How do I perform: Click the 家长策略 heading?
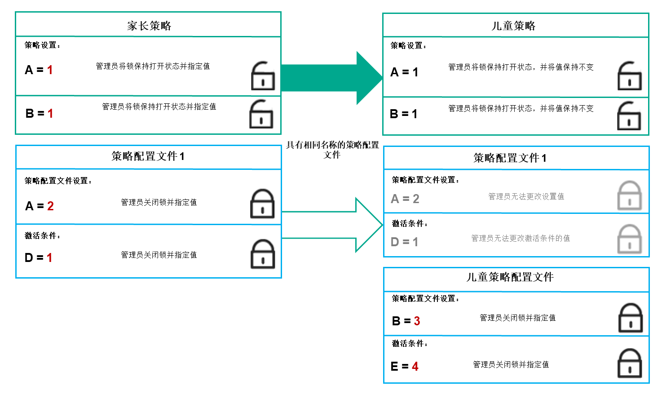click(149, 26)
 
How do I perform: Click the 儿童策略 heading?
click(513, 26)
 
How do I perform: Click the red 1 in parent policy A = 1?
click(50, 70)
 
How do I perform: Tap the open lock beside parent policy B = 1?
click(261, 114)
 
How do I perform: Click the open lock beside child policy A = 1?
click(630, 76)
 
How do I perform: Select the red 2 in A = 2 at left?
click(50, 206)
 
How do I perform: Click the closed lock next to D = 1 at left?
click(263, 254)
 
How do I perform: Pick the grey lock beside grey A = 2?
click(630, 196)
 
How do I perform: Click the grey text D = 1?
click(404, 242)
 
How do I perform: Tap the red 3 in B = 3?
click(417, 321)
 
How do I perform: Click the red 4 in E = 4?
click(415, 367)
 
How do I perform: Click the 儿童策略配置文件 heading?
click(510, 277)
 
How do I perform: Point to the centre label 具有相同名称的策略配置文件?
click(332, 150)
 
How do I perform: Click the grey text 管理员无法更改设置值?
click(526, 196)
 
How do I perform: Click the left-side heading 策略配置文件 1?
click(148, 156)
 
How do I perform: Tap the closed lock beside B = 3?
click(631, 318)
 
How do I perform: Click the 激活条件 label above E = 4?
click(409, 344)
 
